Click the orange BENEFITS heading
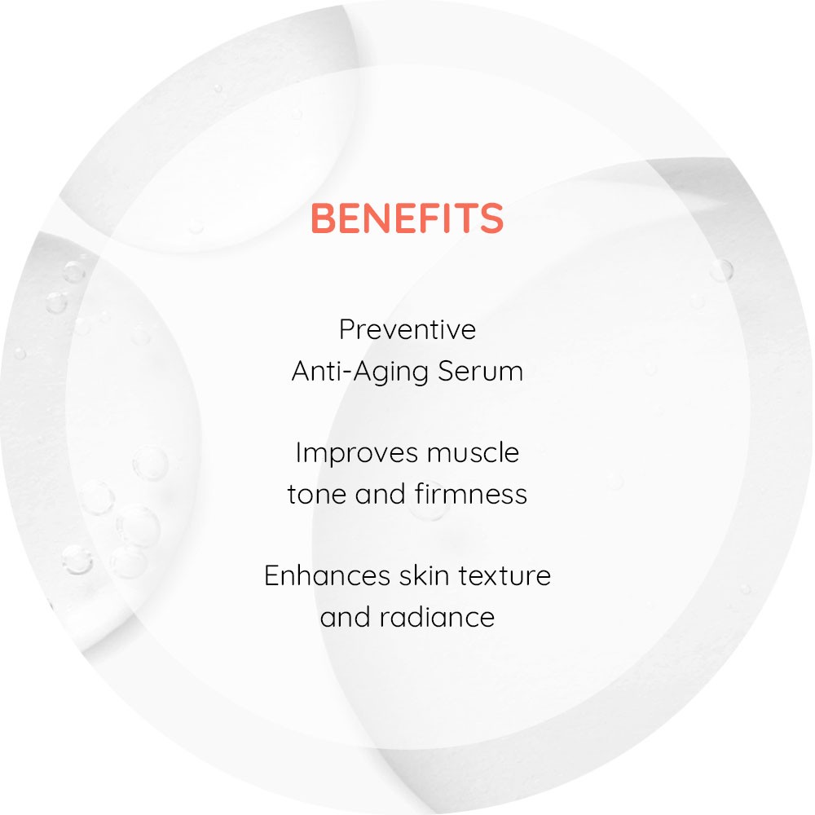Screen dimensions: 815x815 coord(407,218)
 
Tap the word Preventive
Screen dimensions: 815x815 coord(407,329)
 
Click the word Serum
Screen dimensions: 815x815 coord(480,371)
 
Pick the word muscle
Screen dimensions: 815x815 coord(473,452)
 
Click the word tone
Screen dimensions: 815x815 coord(317,495)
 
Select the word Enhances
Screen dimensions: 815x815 coord(327,576)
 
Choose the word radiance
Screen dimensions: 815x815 coord(437,618)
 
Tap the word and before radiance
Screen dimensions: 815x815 coord(345,617)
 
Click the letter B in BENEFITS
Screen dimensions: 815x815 coord(324,218)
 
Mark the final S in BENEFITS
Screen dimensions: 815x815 coord(491,218)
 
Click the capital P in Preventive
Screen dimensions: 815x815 coord(348,329)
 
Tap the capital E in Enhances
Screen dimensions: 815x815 coord(272,576)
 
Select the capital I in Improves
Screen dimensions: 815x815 coord(298,452)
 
